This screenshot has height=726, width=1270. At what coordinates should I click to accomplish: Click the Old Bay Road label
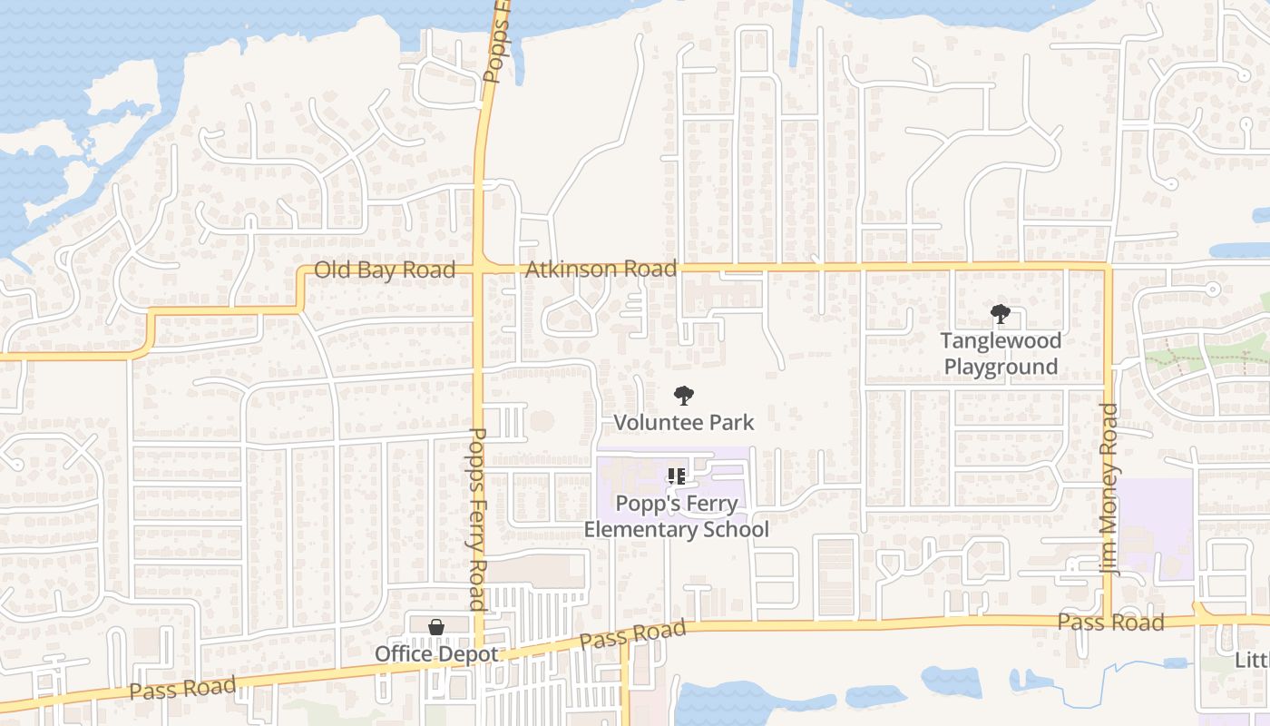[x=384, y=270]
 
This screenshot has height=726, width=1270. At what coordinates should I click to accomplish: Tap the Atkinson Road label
[x=601, y=269]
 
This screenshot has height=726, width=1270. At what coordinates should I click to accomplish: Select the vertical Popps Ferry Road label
[x=477, y=519]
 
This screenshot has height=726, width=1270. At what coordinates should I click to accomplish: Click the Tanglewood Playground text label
[x=1001, y=354]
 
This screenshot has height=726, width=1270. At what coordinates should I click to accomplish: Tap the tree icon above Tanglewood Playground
[x=1000, y=315]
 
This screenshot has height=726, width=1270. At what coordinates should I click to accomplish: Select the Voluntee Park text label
[x=684, y=422]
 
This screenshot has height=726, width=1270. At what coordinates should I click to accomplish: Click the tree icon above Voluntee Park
[x=684, y=396]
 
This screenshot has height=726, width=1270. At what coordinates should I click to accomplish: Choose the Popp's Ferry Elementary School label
[x=676, y=516]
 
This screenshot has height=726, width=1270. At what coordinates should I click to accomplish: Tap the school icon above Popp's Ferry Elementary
[x=676, y=476]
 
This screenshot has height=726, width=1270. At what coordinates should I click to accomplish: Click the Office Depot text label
[x=436, y=653]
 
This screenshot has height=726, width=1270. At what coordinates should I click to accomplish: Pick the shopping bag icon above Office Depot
[x=436, y=627]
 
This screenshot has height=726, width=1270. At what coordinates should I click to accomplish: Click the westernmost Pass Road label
[x=182, y=689]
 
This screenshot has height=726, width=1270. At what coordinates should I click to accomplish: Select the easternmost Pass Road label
[x=1110, y=623]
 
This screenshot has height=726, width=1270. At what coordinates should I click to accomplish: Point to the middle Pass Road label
[x=632, y=635]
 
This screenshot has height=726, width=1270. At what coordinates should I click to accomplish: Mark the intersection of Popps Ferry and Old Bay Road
[x=478, y=269]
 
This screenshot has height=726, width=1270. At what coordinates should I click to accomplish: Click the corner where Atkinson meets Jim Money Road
[x=1107, y=267]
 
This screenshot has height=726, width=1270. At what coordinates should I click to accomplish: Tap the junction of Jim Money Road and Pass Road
[x=1109, y=621]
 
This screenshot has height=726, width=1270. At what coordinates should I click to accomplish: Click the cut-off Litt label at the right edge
[x=1252, y=661]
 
